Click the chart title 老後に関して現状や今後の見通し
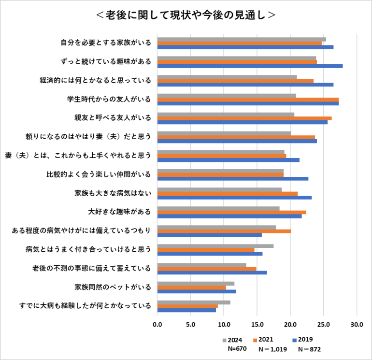[186, 14]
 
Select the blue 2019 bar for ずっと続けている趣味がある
[250, 66]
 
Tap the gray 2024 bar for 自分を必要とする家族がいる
[242, 39]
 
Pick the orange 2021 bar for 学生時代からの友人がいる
[248, 100]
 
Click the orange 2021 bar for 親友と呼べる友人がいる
[244, 118]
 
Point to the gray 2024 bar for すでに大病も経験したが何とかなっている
[194, 302]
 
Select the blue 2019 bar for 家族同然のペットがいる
[197, 291]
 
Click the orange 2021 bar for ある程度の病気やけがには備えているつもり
[224, 231]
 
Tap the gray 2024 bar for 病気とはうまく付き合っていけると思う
[215, 246]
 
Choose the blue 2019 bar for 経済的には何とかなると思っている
[245, 85]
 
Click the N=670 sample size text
[237, 348]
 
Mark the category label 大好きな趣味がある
[119, 212]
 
